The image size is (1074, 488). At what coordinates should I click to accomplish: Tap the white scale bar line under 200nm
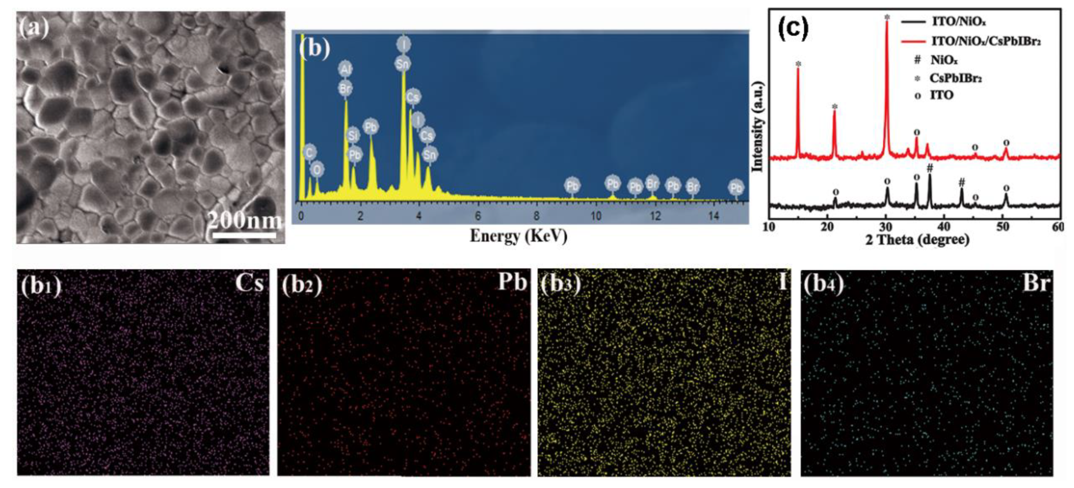pyautogui.click(x=244, y=235)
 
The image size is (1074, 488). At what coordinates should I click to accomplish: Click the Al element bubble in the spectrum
pyautogui.click(x=345, y=70)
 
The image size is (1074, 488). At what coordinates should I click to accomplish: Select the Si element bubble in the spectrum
pyautogui.click(x=353, y=135)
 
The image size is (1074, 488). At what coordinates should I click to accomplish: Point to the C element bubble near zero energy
pyautogui.click(x=309, y=153)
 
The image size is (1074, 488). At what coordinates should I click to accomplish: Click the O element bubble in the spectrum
pyautogui.click(x=317, y=169)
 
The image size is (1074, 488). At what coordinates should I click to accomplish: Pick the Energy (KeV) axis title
pyautogui.click(x=518, y=236)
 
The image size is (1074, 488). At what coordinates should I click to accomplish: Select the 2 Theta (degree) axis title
pyautogui.click(x=917, y=240)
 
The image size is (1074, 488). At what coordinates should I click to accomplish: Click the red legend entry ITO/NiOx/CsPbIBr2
pyautogui.click(x=985, y=41)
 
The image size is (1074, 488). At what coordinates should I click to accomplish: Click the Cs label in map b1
pyautogui.click(x=249, y=283)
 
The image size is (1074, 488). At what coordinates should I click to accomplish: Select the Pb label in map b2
pyautogui.click(x=512, y=283)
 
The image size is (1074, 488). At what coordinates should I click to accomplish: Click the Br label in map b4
pyautogui.click(x=1037, y=283)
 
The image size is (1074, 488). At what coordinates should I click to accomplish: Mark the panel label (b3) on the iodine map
pyautogui.click(x=559, y=285)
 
